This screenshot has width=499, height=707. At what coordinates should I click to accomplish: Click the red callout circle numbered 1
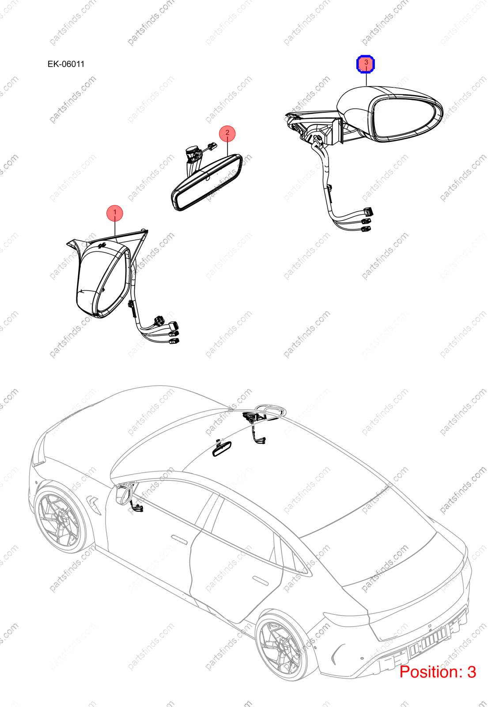115,213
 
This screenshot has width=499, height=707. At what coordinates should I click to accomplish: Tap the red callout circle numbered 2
227,133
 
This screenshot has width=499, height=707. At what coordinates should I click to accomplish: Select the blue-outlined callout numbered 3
366,64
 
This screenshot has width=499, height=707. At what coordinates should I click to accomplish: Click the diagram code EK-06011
66,64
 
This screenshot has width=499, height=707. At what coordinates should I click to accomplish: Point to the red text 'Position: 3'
438,672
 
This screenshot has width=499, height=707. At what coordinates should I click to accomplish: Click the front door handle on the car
179,540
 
